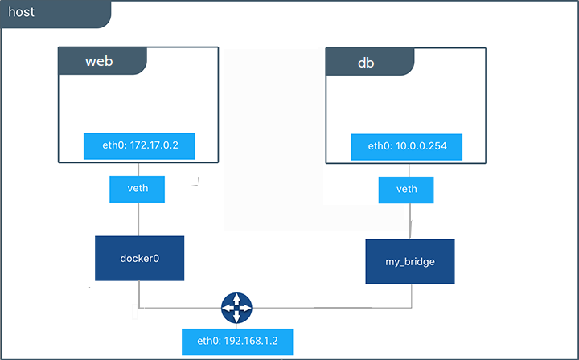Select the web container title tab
pyautogui.click(x=101, y=61)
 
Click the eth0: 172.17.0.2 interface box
pyautogui.click(x=139, y=146)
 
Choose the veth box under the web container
pyautogui.click(x=139, y=189)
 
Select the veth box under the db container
pyautogui.click(x=407, y=190)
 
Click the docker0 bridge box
pyautogui.click(x=139, y=258)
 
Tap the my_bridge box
pyautogui.click(x=410, y=262)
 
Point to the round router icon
pyautogui.click(x=236, y=307)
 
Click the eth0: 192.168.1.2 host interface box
pyautogui.click(x=236, y=341)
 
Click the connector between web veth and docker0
pyautogui.click(x=139, y=219)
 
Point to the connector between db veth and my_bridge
pyautogui.click(x=409, y=221)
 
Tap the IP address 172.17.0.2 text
pyautogui.click(x=153, y=146)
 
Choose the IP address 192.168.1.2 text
pyautogui.click(x=250, y=341)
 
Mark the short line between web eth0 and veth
pyautogui.click(x=139, y=168)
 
